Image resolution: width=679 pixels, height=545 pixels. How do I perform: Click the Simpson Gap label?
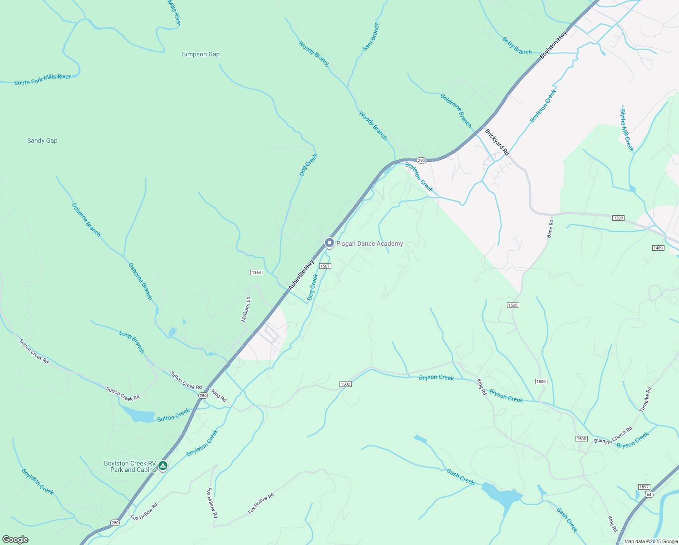tap(201, 54)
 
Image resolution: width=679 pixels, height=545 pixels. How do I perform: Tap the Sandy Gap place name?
tap(42, 141)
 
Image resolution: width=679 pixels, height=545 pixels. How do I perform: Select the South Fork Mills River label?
tap(42, 79)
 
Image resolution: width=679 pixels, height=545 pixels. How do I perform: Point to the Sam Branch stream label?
tap(370, 37)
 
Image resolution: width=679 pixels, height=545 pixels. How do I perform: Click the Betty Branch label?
tap(517, 46)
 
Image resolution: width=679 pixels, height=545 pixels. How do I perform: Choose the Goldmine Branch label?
tap(456, 110)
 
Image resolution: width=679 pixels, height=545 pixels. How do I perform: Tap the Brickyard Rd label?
tap(497, 142)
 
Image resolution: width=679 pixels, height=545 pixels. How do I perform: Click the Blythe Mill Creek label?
tap(626, 130)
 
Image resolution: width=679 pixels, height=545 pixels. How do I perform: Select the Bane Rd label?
tap(550, 229)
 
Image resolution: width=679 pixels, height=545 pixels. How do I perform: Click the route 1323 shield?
tap(618, 218)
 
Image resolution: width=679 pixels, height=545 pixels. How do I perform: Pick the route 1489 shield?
tap(658, 248)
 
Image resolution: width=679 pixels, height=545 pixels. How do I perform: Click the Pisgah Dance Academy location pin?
tap(330, 243)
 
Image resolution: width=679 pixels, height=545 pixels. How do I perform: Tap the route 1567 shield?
tap(325, 266)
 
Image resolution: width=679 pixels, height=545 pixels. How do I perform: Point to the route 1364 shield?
tap(256, 272)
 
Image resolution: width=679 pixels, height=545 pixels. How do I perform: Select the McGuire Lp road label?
tap(246, 309)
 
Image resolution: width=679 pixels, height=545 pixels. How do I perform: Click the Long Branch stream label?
tap(132, 342)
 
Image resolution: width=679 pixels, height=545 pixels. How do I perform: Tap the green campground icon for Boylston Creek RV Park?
tap(163, 466)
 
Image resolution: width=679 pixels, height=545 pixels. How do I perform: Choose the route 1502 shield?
tap(345, 384)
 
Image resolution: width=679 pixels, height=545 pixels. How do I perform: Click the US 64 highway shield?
tap(649, 494)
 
